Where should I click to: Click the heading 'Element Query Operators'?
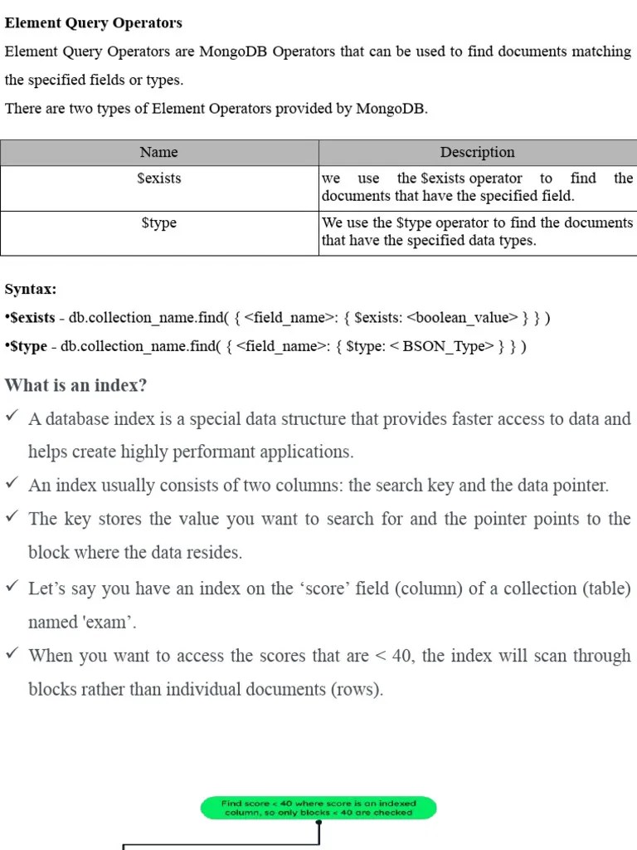93,23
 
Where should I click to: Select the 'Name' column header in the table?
158,152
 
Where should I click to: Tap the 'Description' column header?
477,152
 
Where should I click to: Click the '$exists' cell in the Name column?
158,178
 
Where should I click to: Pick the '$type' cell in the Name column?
158,223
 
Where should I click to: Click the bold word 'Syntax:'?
31,289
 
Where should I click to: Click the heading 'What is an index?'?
75,386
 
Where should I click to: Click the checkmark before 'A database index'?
12,418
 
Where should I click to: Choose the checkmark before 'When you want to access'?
12,654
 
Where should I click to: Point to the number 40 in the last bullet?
401,656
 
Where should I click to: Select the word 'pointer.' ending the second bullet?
581,486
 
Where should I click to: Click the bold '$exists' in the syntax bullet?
32,317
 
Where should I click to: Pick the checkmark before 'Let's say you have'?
12,587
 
